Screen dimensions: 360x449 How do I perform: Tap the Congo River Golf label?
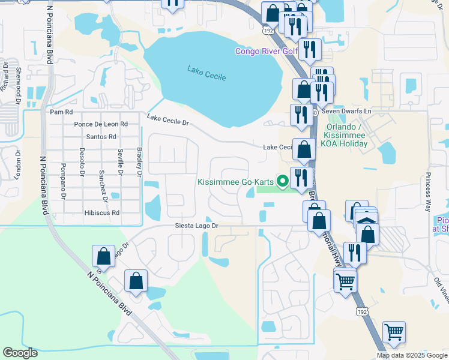[267, 51]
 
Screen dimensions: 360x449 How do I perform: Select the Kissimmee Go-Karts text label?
[236, 181]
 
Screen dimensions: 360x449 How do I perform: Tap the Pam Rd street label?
[61, 112]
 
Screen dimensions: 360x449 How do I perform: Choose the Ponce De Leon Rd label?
[101, 124]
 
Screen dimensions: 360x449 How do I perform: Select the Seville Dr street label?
[121, 162]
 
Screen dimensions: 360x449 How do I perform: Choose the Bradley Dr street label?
[139, 162]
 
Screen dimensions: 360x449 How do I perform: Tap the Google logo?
[20, 353]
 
